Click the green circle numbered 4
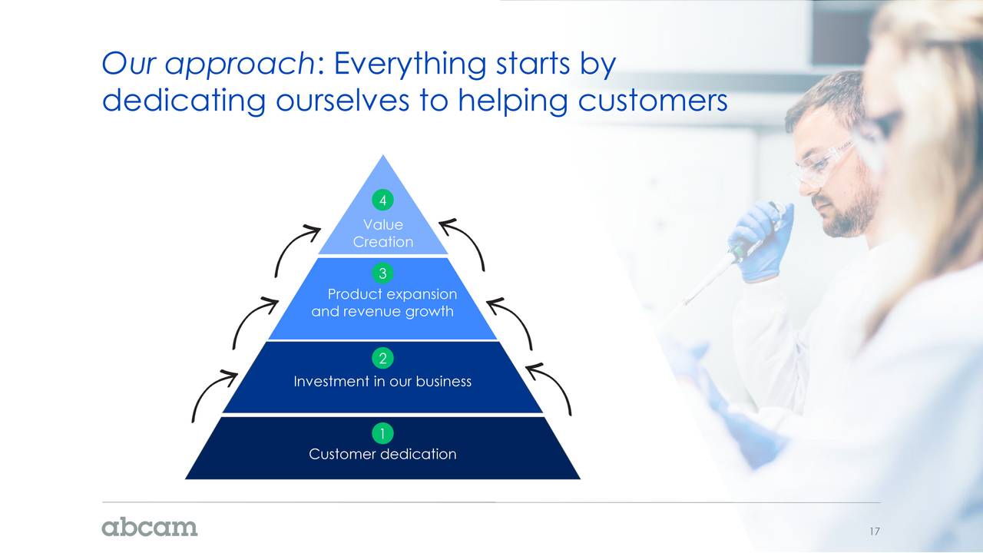[x=382, y=200]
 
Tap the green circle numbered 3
[x=382, y=273]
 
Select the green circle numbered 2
[x=382, y=358]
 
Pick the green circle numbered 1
[x=382, y=434]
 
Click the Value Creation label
[x=383, y=233]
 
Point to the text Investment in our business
[x=382, y=382]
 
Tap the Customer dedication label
[x=382, y=454]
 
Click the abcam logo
[x=150, y=527]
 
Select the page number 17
[x=875, y=531]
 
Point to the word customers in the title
[x=653, y=101]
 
